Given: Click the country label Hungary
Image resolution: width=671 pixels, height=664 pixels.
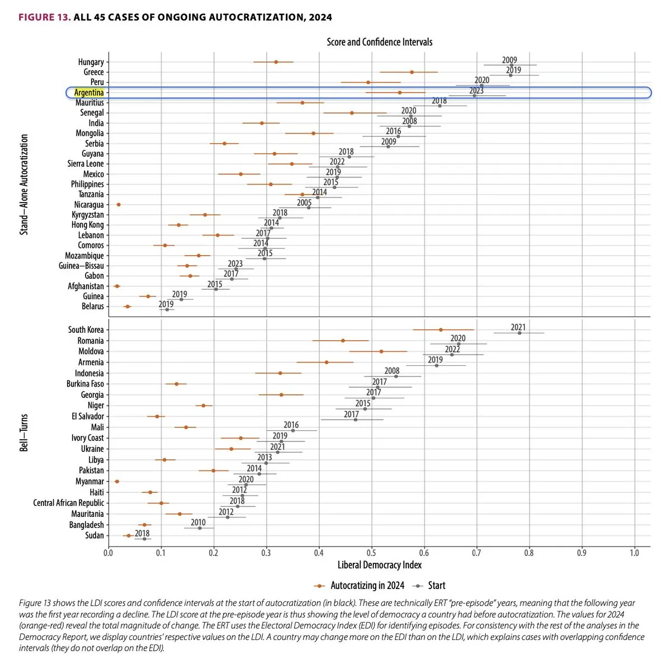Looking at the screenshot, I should click(91, 62).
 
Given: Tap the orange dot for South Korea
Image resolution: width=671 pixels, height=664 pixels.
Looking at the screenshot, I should click(441, 329).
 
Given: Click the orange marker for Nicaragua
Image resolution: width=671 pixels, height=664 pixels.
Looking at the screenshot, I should click(119, 205).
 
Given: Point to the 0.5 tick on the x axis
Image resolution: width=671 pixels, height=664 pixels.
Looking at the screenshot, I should click(371, 553).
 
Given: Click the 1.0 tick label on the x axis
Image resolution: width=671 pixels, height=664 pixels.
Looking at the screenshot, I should click(634, 553).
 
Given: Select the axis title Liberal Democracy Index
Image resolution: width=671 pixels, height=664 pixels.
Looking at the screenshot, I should click(380, 565).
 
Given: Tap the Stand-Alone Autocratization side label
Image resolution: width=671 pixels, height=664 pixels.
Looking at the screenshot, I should click(24, 184).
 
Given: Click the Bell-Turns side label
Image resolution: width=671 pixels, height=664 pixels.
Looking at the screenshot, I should click(24, 432).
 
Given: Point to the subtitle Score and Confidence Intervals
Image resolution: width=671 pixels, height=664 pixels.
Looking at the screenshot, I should click(380, 42).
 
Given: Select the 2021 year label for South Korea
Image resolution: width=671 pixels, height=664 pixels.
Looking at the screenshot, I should click(518, 327).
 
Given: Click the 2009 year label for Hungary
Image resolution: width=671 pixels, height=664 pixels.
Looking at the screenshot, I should click(509, 60).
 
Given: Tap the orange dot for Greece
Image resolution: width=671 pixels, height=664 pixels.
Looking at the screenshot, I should click(412, 72).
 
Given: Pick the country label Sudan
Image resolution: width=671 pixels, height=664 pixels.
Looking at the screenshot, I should click(94, 535).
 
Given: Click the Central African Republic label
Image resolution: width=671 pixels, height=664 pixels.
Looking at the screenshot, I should click(68, 503).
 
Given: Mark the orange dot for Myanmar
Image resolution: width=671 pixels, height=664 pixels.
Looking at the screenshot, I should click(117, 481).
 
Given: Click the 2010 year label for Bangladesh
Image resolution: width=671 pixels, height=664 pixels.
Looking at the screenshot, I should click(198, 522).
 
